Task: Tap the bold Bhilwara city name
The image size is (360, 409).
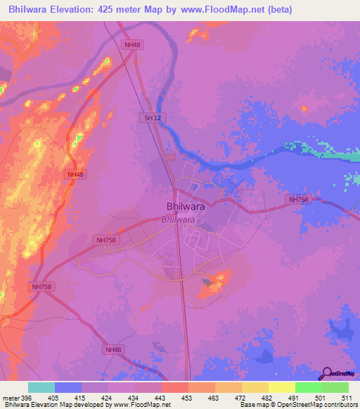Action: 186,207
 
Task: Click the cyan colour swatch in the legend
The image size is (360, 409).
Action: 41,387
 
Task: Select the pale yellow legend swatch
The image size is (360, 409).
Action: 282,387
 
